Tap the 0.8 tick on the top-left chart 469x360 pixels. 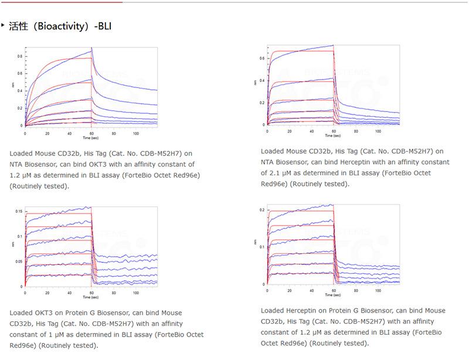(19, 56)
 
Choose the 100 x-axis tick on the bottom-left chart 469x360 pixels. (135, 291)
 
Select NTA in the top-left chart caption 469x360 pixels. (17, 165)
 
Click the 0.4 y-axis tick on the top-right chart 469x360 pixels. (262, 80)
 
